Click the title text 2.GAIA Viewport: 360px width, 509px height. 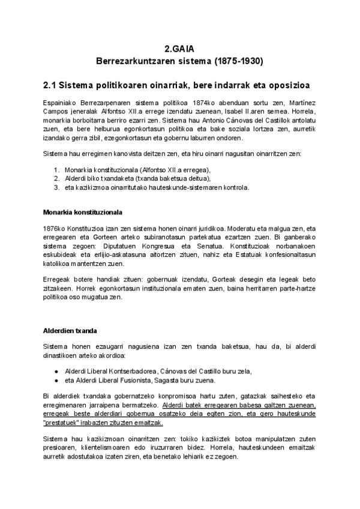[x=180, y=50]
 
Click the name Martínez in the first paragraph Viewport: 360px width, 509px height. [x=301, y=103]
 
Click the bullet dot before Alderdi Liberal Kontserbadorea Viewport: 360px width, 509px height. [x=56, y=371]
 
